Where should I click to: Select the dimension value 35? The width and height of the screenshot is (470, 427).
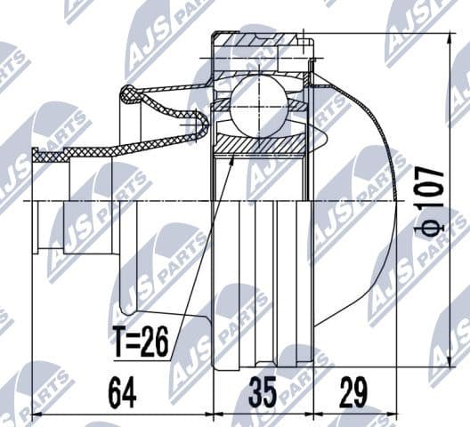(263, 392)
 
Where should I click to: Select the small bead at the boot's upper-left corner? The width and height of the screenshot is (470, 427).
(127, 91)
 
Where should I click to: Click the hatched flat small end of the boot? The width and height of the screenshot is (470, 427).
(53, 156)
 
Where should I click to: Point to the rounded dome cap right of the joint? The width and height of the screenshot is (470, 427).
(356, 205)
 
